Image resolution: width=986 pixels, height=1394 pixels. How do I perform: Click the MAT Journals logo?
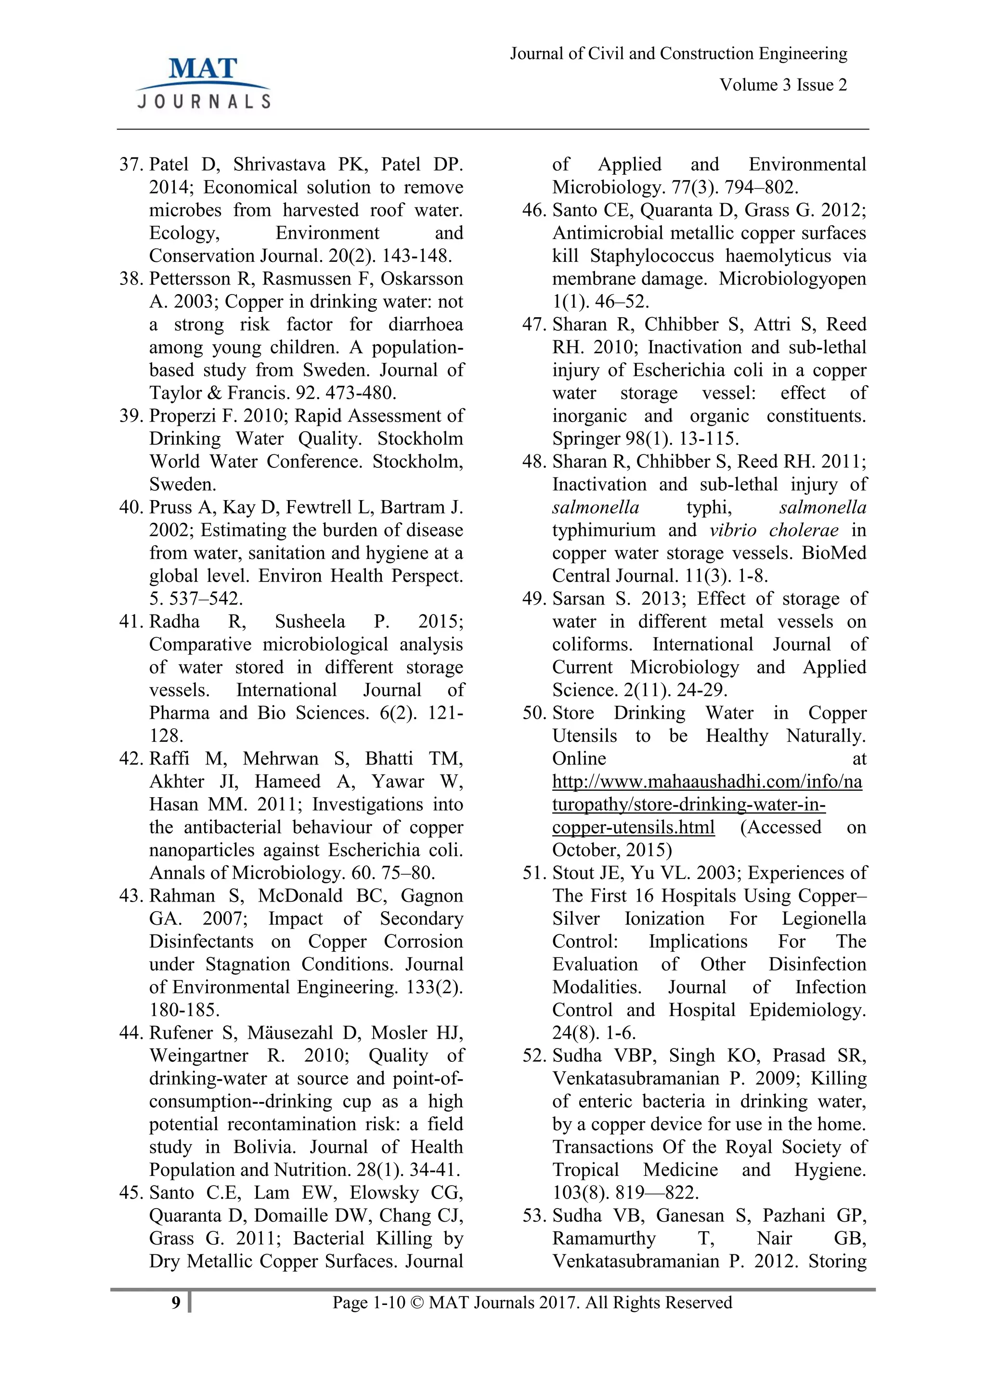pyautogui.click(x=203, y=83)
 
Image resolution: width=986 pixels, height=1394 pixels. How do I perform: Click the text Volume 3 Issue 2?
pyautogui.click(x=783, y=85)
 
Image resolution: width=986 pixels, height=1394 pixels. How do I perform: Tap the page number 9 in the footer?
pyautogui.click(x=176, y=1303)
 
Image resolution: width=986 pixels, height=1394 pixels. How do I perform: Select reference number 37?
pyautogui.click(x=130, y=165)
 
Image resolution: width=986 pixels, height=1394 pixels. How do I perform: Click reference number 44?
pyautogui.click(x=130, y=1033)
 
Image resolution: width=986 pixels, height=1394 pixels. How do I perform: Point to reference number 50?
pyautogui.click(x=534, y=713)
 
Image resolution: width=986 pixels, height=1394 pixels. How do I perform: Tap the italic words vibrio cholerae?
pyautogui.click(x=774, y=530)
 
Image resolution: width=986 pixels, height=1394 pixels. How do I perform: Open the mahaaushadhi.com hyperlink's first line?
pyautogui.click(x=707, y=781)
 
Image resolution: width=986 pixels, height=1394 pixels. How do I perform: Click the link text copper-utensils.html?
pyautogui.click(x=633, y=827)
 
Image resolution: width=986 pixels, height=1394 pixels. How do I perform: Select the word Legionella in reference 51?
pyautogui.click(x=823, y=918)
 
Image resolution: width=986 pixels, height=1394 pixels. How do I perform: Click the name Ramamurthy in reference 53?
pyautogui.click(x=604, y=1239)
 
